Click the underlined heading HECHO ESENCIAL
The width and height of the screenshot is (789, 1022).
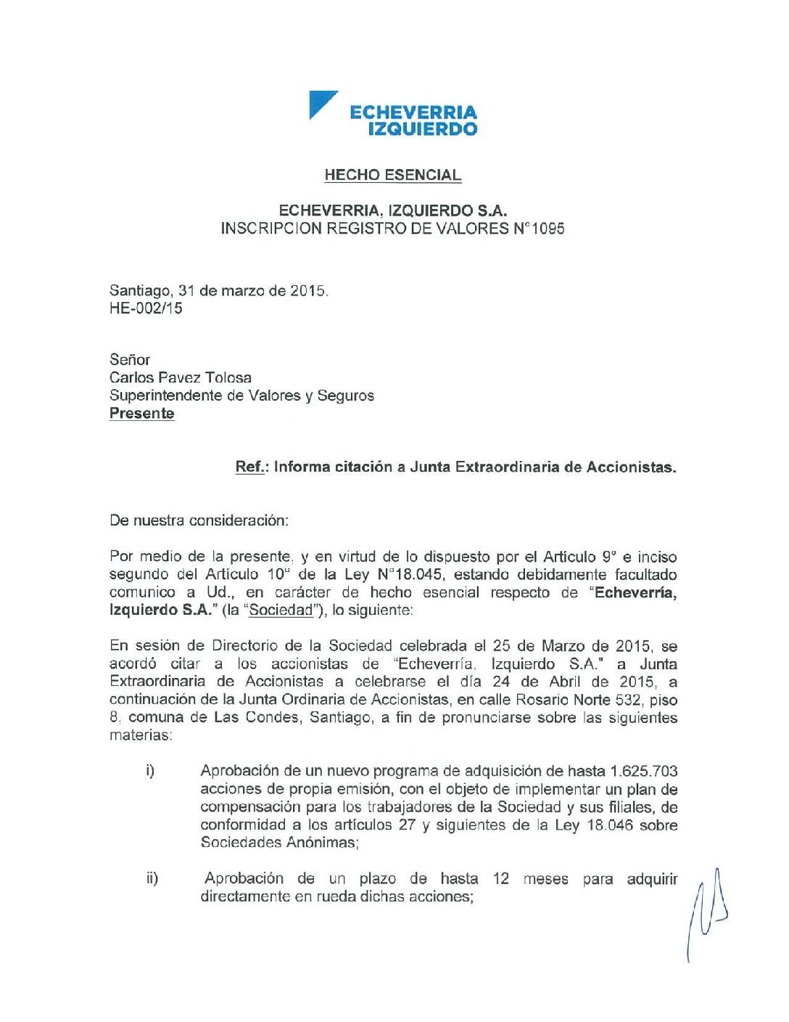392,175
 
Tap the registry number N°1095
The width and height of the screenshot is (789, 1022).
539,229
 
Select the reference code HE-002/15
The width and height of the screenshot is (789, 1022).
146,308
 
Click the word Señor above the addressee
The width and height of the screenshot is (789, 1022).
130,359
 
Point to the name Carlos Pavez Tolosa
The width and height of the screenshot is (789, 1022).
181,377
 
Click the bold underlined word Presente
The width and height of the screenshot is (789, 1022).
142,414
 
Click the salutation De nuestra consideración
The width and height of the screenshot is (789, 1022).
199,520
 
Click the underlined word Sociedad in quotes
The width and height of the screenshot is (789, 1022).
281,610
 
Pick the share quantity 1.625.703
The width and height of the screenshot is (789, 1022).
644,771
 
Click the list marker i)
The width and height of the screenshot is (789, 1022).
150,771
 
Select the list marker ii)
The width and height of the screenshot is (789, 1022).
152,879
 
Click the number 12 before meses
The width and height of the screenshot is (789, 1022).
500,879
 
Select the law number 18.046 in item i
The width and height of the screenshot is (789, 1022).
610,825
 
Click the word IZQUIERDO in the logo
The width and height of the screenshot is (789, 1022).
423,129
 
